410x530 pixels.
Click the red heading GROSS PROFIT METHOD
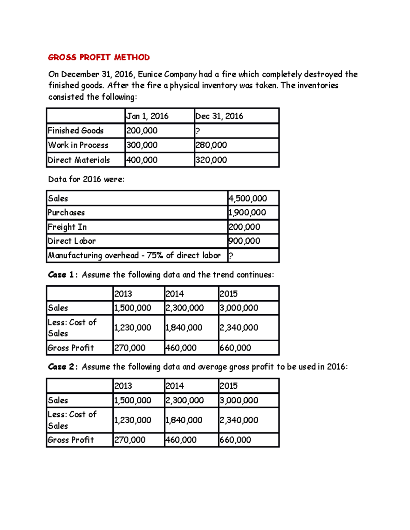[x=99, y=57]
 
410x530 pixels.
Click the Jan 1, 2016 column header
[x=147, y=116]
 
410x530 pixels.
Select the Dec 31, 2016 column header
[x=219, y=116]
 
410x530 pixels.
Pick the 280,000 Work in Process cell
[x=211, y=145]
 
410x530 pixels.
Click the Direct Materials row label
[x=79, y=160]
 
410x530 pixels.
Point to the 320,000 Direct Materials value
[x=211, y=160]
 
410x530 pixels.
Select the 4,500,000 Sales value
[x=248, y=199]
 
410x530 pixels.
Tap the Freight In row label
[x=67, y=227]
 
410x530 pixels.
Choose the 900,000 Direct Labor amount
[x=245, y=241]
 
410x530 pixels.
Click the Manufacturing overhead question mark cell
[x=231, y=256]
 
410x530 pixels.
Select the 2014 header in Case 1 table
[x=175, y=294]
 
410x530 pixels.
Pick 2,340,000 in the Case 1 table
[x=239, y=328]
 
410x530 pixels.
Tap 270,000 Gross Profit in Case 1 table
[x=130, y=348]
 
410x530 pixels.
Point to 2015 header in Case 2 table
[x=229, y=386]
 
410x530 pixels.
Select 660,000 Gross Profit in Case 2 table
[x=235, y=440]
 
